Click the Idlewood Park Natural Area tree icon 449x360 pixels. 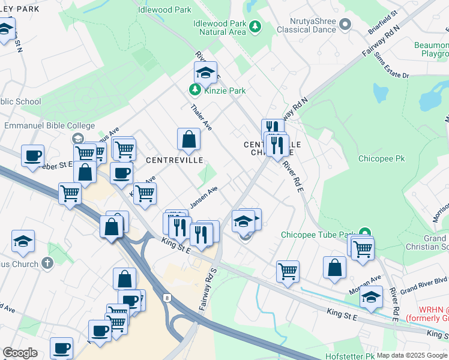tap(255, 26)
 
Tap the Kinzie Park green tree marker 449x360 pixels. tap(194, 91)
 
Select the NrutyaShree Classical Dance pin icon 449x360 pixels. tap(345, 25)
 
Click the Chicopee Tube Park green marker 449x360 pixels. tap(364, 233)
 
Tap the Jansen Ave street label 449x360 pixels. tap(203, 196)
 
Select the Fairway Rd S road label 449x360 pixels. tap(206, 289)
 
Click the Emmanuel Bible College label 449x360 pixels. tap(50, 125)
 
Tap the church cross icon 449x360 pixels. tap(47, 263)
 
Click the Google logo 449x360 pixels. tap(20, 353)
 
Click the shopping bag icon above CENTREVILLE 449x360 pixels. tap(188, 139)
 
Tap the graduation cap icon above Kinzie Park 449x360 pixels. tap(205, 73)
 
